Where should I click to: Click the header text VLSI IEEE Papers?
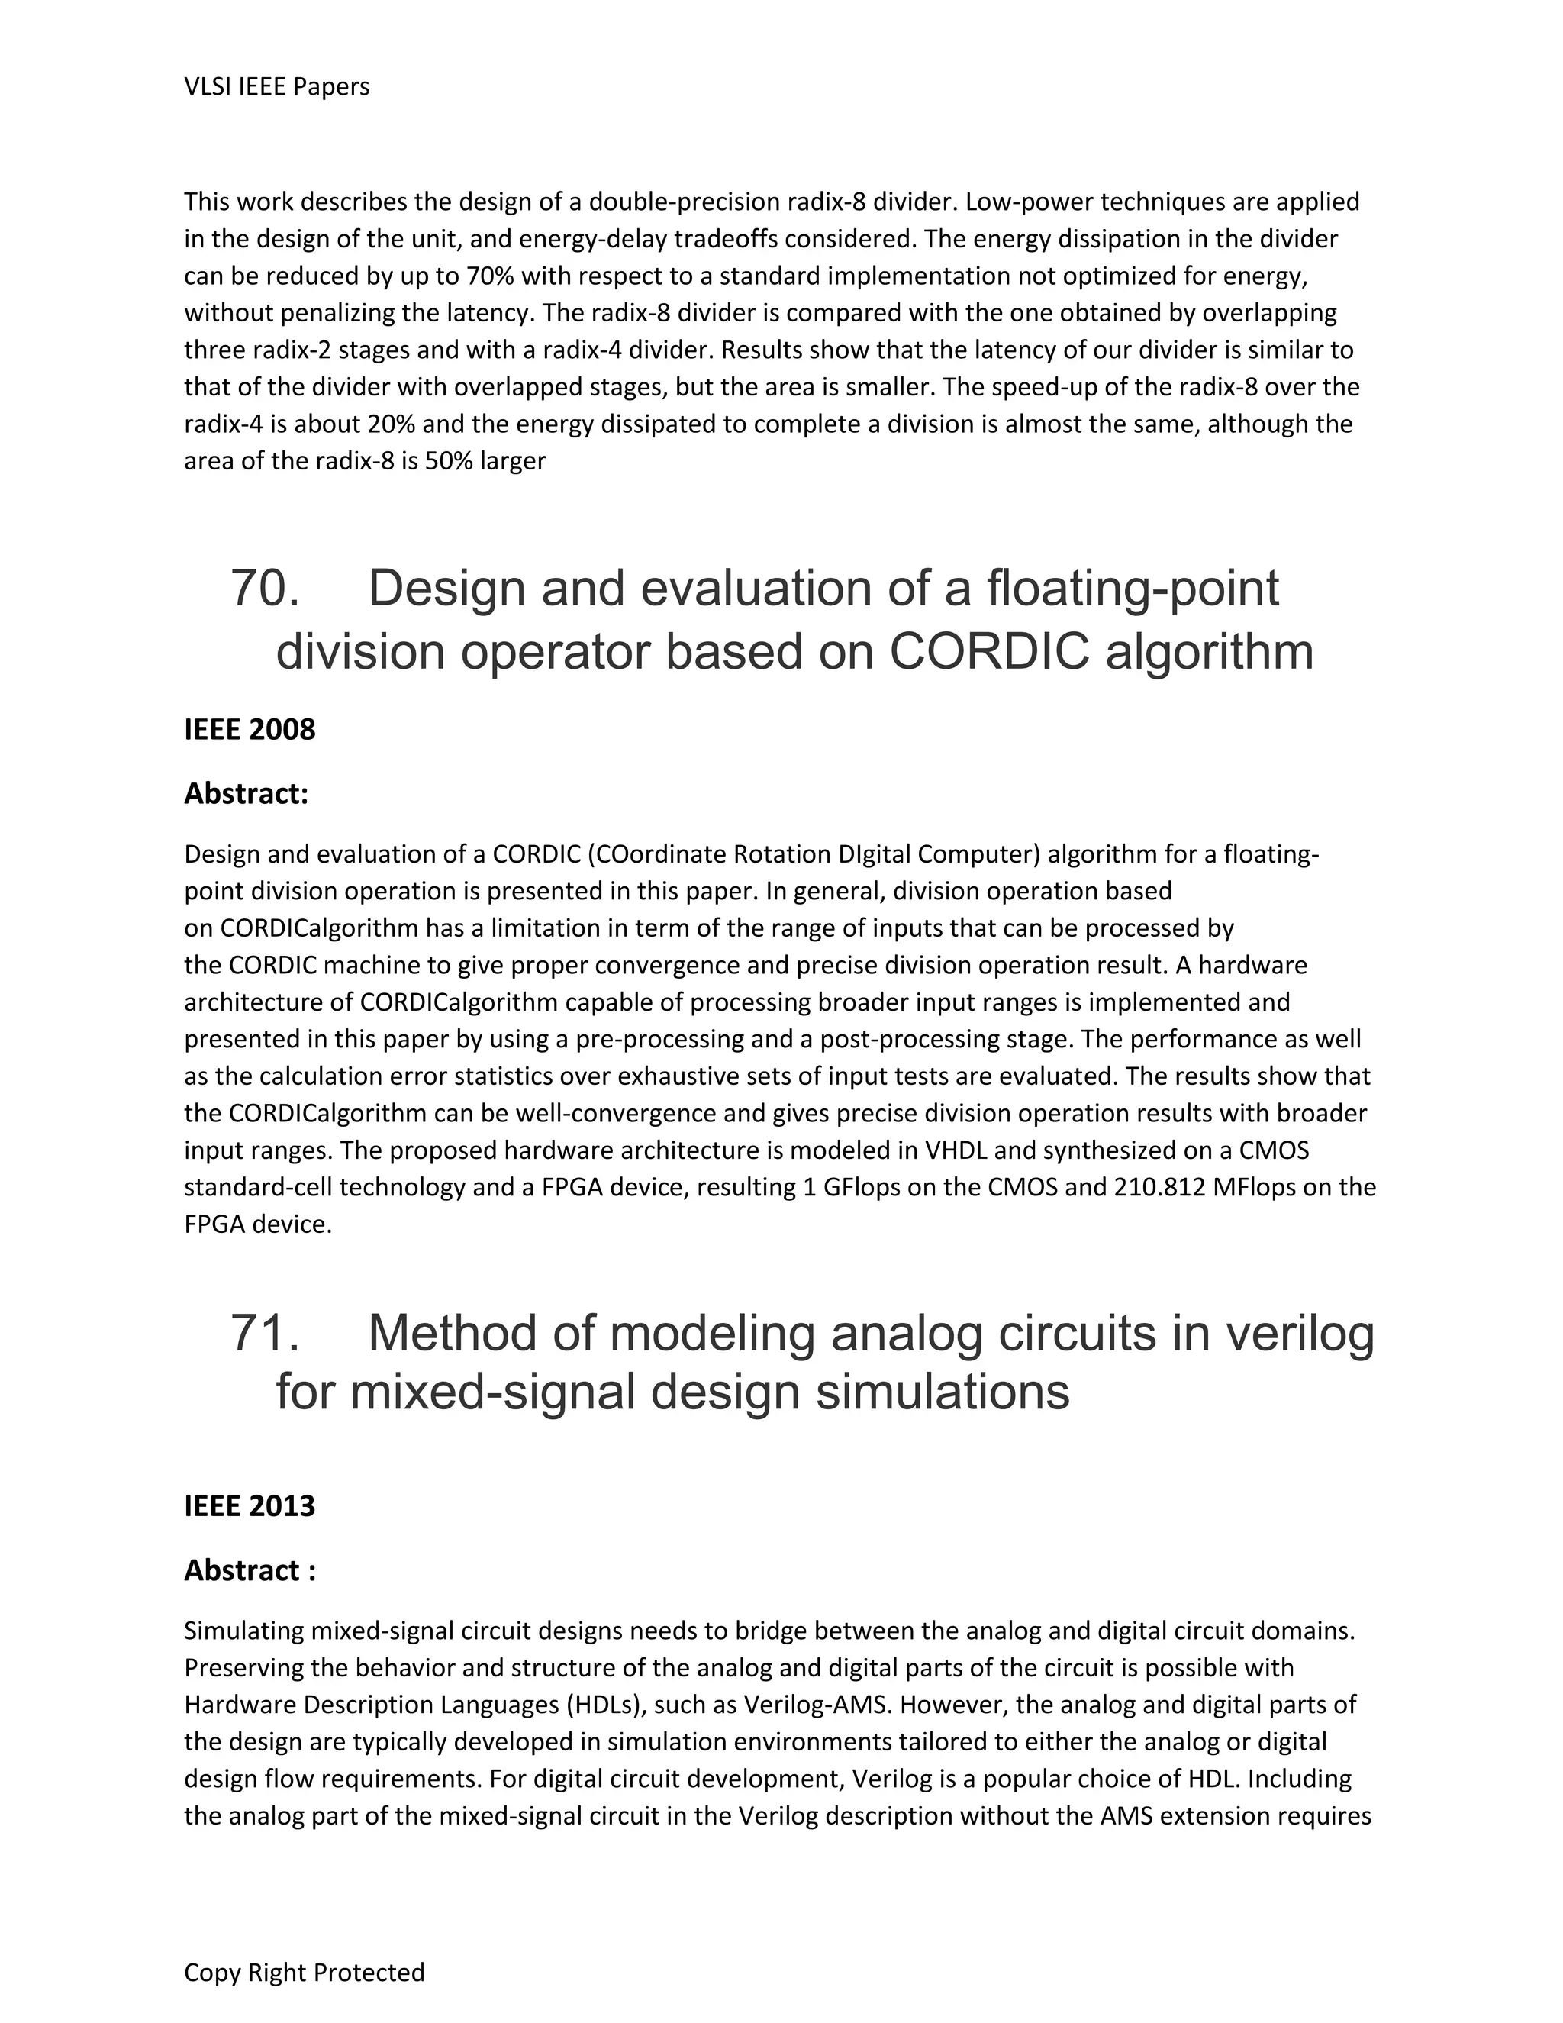(277, 87)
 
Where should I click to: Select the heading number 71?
(265, 1333)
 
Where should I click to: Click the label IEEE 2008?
(250, 730)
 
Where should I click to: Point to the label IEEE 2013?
(250, 1506)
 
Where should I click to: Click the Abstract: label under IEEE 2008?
(247, 794)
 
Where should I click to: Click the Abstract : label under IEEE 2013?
(250, 1570)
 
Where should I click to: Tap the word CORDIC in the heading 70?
(990, 652)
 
